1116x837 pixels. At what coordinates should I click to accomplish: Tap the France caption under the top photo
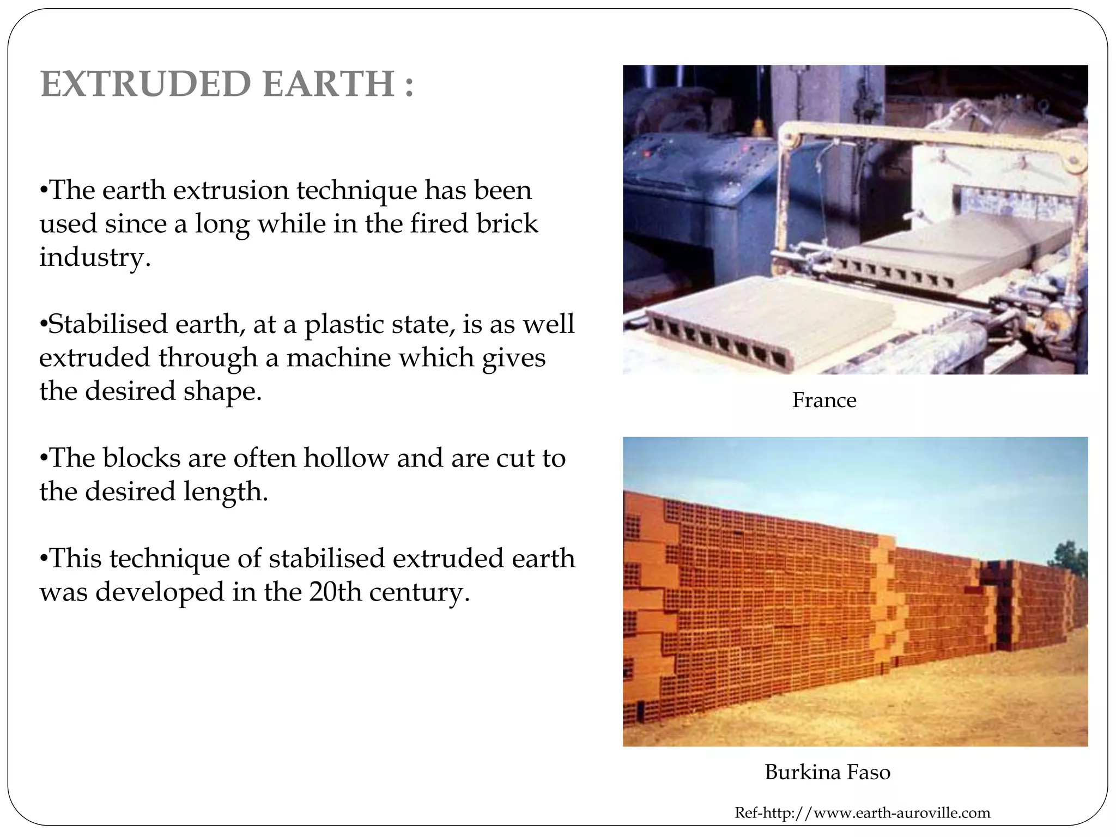(x=824, y=401)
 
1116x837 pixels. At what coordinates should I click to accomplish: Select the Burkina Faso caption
(x=827, y=772)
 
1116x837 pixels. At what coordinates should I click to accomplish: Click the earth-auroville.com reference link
(x=862, y=813)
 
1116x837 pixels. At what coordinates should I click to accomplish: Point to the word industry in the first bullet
(x=94, y=257)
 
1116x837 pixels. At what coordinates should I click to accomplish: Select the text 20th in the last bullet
(x=335, y=592)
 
